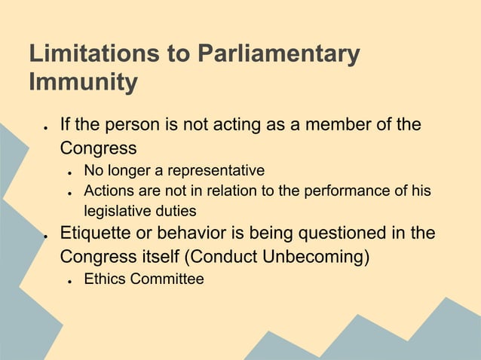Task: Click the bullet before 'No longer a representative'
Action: tap(69, 172)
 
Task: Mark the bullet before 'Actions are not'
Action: tap(69, 193)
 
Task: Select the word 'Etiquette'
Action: tap(93, 233)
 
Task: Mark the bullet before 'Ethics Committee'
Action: tap(69, 281)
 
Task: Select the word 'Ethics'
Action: tap(105, 279)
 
